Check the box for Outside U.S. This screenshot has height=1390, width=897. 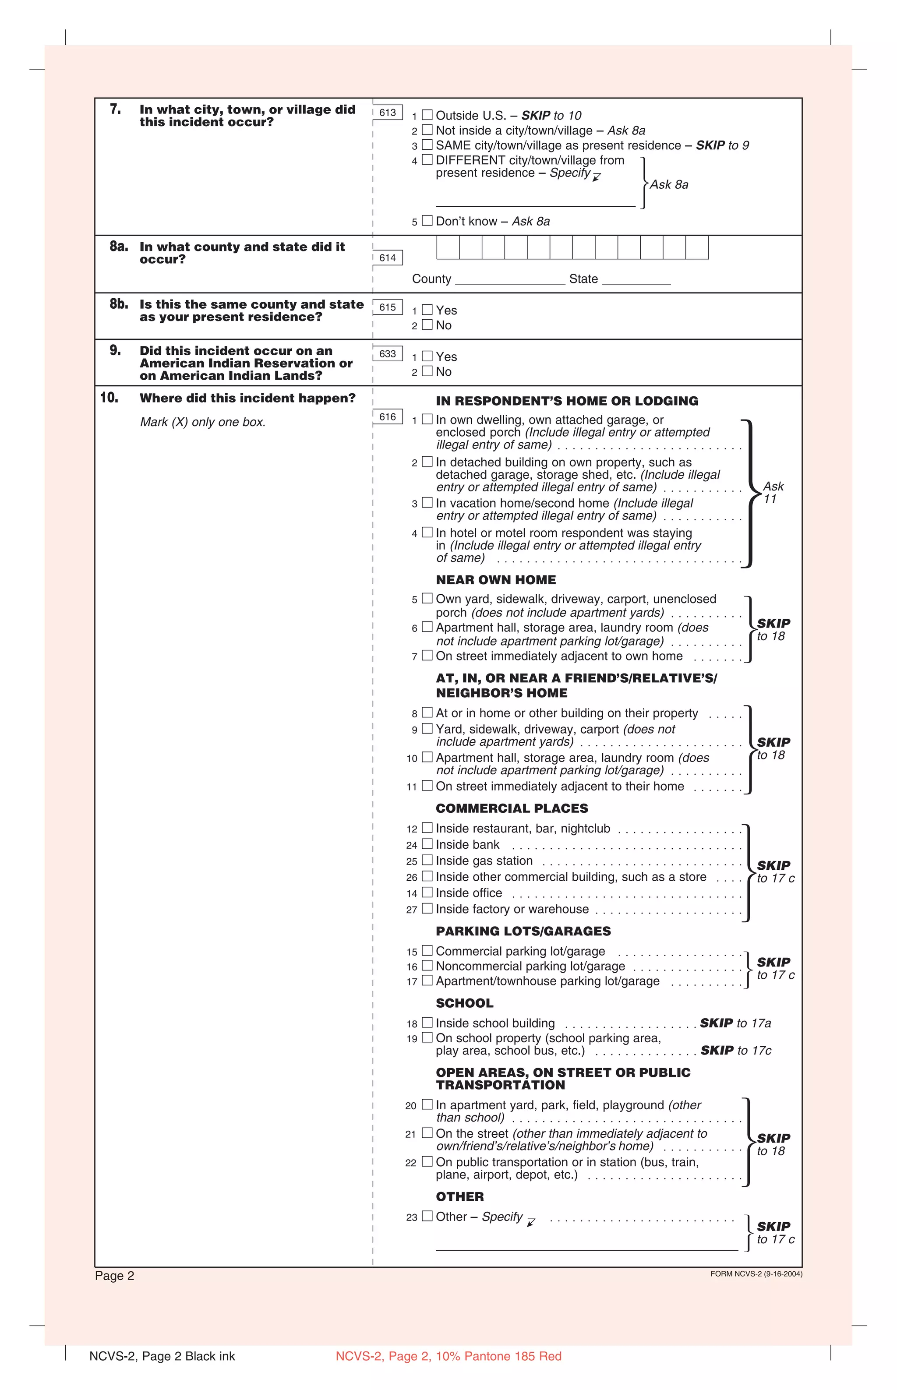click(x=427, y=115)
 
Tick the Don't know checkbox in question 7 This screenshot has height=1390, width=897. click(x=427, y=221)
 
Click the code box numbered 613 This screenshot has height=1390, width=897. click(x=387, y=113)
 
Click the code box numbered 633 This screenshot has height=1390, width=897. click(x=387, y=353)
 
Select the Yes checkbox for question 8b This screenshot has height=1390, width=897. click(x=427, y=310)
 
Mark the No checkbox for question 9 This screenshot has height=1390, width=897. click(x=427, y=371)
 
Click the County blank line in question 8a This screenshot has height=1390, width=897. click(x=510, y=280)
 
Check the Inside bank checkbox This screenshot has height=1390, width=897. click(x=427, y=844)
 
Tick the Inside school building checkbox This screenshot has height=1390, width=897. click(x=427, y=1023)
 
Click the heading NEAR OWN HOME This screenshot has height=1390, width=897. click(x=496, y=579)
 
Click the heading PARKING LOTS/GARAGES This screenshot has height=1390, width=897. click(x=523, y=931)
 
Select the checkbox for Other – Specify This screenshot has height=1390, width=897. click(x=427, y=1216)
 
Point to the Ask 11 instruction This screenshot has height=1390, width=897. click(x=773, y=492)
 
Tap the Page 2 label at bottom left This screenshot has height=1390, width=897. click(x=115, y=1276)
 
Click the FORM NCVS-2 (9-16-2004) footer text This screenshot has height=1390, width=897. click(x=756, y=1274)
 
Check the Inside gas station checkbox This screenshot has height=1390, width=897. click(x=427, y=860)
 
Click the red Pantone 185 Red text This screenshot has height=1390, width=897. click(x=448, y=1356)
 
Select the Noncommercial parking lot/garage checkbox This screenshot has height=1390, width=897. click(x=427, y=966)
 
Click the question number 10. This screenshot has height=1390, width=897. click(x=109, y=398)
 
